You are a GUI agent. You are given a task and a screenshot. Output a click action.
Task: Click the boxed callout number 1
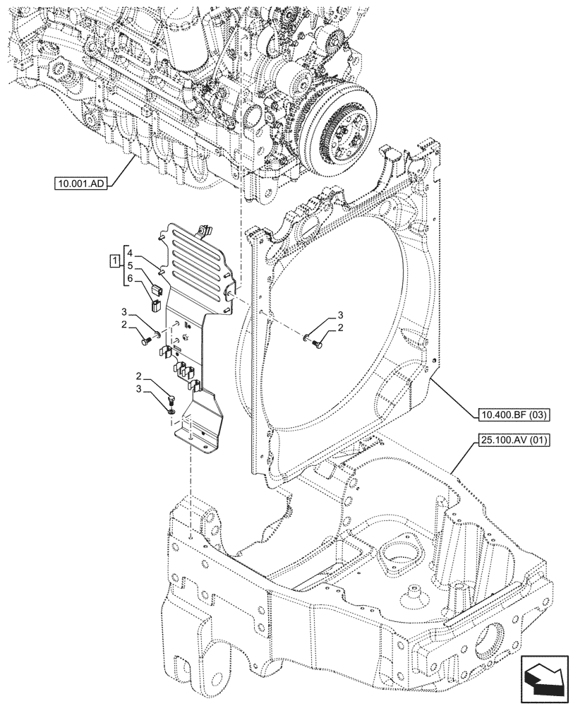point(114,263)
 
